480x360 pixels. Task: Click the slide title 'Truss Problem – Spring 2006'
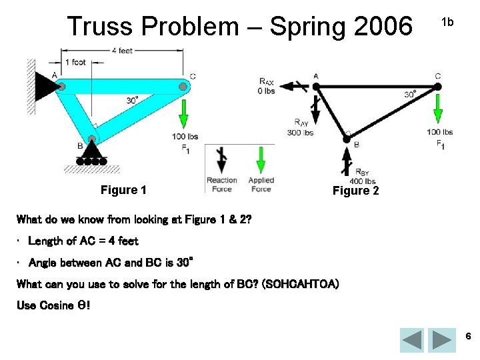(x=239, y=27)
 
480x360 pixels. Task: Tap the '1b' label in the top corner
(x=447, y=22)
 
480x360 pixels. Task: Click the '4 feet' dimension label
(x=121, y=51)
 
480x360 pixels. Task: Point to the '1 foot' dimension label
(x=75, y=62)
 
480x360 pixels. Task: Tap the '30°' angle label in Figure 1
(x=133, y=100)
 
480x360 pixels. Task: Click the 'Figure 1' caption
(x=123, y=190)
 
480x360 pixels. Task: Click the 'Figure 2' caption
(x=355, y=191)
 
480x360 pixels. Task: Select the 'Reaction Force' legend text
(x=221, y=185)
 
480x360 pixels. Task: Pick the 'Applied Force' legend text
(x=261, y=185)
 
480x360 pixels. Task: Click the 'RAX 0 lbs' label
(x=267, y=86)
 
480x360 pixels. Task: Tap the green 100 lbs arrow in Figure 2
(x=437, y=109)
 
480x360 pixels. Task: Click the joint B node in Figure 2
(x=346, y=138)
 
